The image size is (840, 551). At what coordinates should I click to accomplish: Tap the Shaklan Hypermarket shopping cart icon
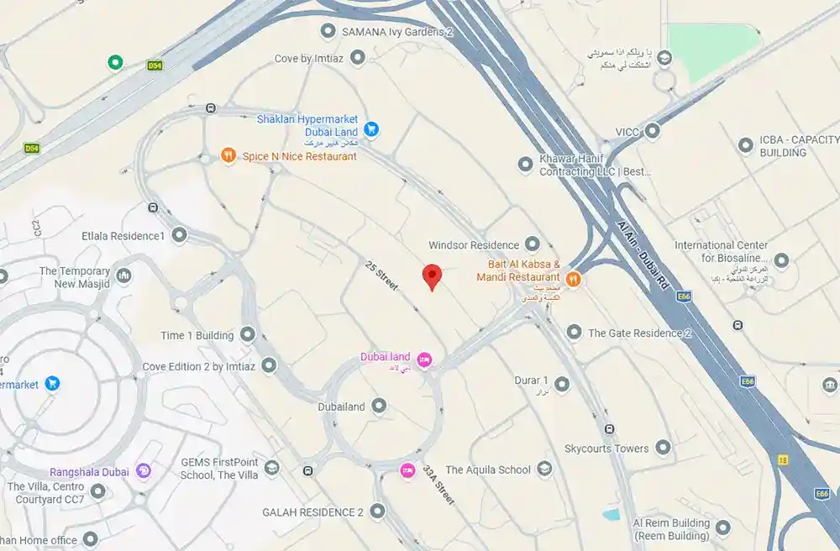(x=371, y=129)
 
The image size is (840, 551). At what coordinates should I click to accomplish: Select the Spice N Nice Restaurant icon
(x=228, y=155)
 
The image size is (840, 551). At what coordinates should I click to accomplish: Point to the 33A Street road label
(x=438, y=485)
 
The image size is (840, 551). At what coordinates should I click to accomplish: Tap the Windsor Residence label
(x=473, y=245)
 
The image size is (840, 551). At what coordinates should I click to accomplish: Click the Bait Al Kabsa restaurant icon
(x=573, y=278)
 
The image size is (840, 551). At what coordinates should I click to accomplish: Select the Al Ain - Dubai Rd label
(x=645, y=257)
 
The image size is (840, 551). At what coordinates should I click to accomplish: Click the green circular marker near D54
(x=115, y=62)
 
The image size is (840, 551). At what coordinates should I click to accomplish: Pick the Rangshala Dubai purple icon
(x=144, y=471)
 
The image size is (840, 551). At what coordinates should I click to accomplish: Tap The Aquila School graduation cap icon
(x=544, y=470)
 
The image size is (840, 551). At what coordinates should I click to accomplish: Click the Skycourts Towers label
(x=606, y=448)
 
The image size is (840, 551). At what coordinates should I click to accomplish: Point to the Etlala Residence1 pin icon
(x=179, y=235)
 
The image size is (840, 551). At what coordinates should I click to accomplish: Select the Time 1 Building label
(x=197, y=335)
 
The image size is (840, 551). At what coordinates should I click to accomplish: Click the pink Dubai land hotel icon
(x=425, y=359)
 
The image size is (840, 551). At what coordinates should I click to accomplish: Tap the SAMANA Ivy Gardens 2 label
(x=397, y=32)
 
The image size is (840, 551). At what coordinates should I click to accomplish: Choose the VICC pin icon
(x=652, y=131)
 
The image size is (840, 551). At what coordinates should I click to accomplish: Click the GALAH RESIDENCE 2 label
(x=312, y=512)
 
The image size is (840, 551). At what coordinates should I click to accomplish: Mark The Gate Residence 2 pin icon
(x=574, y=333)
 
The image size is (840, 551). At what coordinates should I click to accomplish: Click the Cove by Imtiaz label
(x=311, y=59)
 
